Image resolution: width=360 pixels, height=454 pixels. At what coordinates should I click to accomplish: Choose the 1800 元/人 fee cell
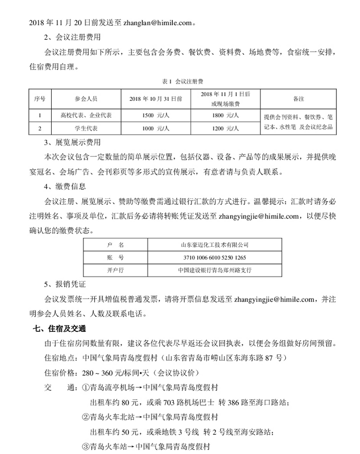(x=225, y=115)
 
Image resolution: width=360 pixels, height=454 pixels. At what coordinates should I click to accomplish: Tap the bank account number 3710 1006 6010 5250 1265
(x=214, y=258)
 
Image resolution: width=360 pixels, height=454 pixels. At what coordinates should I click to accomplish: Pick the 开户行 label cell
(x=116, y=270)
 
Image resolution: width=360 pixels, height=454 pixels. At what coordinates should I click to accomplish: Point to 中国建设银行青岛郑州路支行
(x=214, y=270)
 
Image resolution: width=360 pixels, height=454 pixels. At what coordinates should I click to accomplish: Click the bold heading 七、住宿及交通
(x=59, y=329)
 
